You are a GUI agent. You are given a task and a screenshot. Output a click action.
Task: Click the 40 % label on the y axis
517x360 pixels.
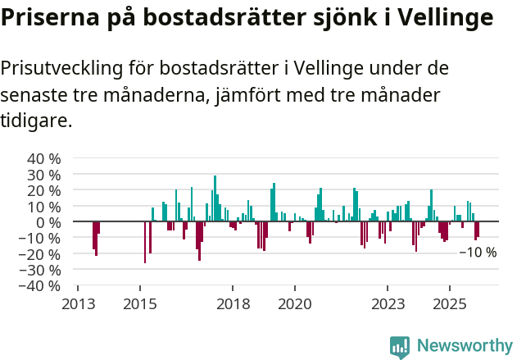click(x=43, y=158)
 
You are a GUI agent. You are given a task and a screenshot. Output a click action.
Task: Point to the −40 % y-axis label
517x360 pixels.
click(x=40, y=285)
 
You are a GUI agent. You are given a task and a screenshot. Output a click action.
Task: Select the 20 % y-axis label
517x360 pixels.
click(x=43, y=190)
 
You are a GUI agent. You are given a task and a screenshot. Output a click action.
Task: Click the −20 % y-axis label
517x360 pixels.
click(x=40, y=253)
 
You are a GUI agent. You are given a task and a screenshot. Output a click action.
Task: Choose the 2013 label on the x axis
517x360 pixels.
click(x=78, y=304)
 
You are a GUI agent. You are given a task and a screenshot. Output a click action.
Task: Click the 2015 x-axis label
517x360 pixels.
click(x=140, y=304)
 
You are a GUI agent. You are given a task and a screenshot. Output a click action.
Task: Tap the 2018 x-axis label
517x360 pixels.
click(x=233, y=304)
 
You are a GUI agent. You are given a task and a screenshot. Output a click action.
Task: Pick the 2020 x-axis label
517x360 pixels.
click(x=295, y=304)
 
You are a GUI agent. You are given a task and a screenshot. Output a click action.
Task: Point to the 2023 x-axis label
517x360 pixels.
click(x=388, y=304)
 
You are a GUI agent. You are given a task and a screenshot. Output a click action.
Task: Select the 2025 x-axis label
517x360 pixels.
click(x=450, y=304)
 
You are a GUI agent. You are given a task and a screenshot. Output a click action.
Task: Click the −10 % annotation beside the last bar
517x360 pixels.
click(x=478, y=253)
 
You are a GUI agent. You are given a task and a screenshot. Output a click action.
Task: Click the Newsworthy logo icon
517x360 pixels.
click(x=400, y=346)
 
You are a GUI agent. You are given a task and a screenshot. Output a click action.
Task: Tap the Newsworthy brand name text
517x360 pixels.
click(x=465, y=346)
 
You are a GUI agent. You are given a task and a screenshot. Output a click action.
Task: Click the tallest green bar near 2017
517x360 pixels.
click(x=215, y=198)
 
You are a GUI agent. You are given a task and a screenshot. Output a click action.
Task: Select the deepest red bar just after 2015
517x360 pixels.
click(x=145, y=242)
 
